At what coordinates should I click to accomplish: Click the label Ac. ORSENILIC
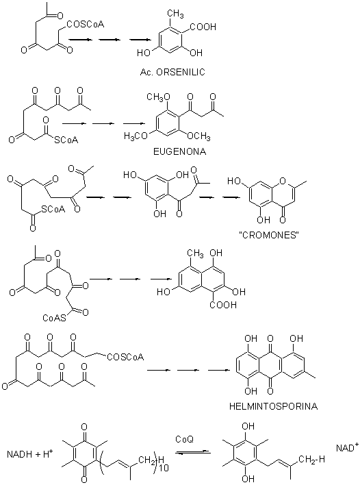(x=172, y=72)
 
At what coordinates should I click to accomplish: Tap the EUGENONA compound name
(x=179, y=151)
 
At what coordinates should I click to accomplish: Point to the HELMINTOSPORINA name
(x=273, y=406)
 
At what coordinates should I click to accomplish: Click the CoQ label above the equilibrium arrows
(x=185, y=439)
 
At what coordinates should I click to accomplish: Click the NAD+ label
(x=347, y=447)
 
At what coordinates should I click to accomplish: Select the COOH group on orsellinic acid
(x=203, y=27)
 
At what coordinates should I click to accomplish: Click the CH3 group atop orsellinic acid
(x=175, y=13)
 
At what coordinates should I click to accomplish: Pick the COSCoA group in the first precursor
(x=85, y=24)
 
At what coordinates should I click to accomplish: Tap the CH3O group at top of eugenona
(x=158, y=97)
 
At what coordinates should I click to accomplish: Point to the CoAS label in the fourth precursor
(x=54, y=318)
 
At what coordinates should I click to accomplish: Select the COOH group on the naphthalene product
(x=223, y=305)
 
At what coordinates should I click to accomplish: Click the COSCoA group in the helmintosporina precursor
(x=125, y=358)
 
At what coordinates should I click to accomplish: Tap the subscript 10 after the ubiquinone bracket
(x=165, y=468)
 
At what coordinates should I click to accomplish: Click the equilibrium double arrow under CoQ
(x=193, y=452)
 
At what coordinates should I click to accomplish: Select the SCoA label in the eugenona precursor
(x=66, y=140)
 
